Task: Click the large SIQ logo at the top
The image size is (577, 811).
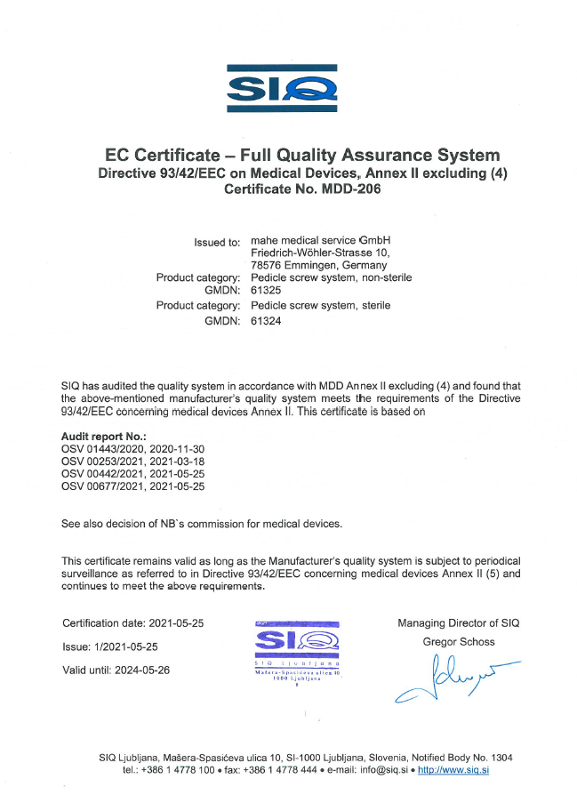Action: click(282, 88)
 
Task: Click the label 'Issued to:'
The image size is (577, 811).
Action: click(217, 241)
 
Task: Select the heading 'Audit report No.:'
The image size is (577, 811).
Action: click(103, 438)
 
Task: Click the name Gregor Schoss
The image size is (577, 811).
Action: click(459, 641)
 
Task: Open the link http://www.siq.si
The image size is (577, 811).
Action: click(453, 769)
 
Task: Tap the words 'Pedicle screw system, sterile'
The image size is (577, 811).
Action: click(321, 305)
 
